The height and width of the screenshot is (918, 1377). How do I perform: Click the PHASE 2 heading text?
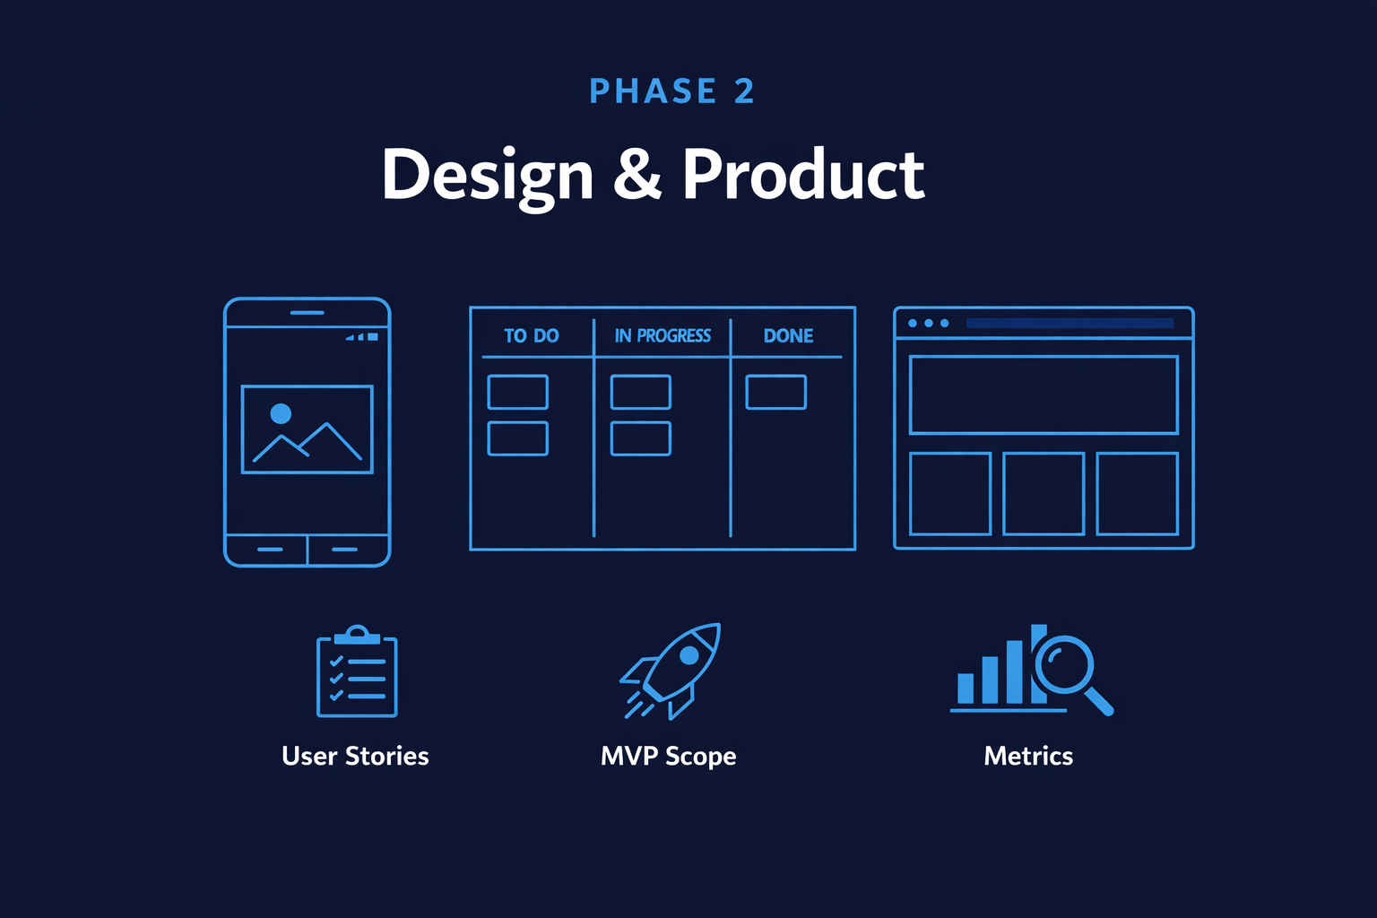671,91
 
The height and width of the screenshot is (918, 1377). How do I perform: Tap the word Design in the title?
488,175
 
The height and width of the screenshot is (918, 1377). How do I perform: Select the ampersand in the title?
637,175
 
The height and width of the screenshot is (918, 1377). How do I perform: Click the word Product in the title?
802,175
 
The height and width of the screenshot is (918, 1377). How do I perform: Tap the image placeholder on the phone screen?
307,429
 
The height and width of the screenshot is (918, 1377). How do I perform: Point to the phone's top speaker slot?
307,313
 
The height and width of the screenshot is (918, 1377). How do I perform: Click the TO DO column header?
531,336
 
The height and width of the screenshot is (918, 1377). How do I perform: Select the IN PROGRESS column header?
663,336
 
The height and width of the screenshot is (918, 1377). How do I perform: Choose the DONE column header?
788,336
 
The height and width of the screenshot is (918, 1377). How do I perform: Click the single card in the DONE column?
775,393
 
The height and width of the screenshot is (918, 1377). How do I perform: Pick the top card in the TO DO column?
517,393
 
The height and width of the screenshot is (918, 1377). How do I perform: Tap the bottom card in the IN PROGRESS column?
640,438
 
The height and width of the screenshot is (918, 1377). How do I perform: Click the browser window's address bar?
1069,324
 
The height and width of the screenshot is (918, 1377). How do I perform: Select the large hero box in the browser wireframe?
1044,395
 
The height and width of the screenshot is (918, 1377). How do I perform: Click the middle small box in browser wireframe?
1044,494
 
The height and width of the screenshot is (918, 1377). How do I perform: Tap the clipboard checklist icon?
357,672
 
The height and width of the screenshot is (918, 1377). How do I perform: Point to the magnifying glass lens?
1064,664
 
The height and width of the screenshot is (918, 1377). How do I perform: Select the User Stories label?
355,756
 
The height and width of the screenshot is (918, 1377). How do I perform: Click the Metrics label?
1028,756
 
